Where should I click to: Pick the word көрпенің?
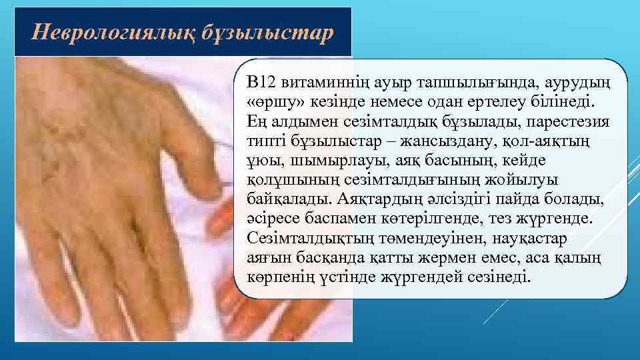[x=277, y=277]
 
